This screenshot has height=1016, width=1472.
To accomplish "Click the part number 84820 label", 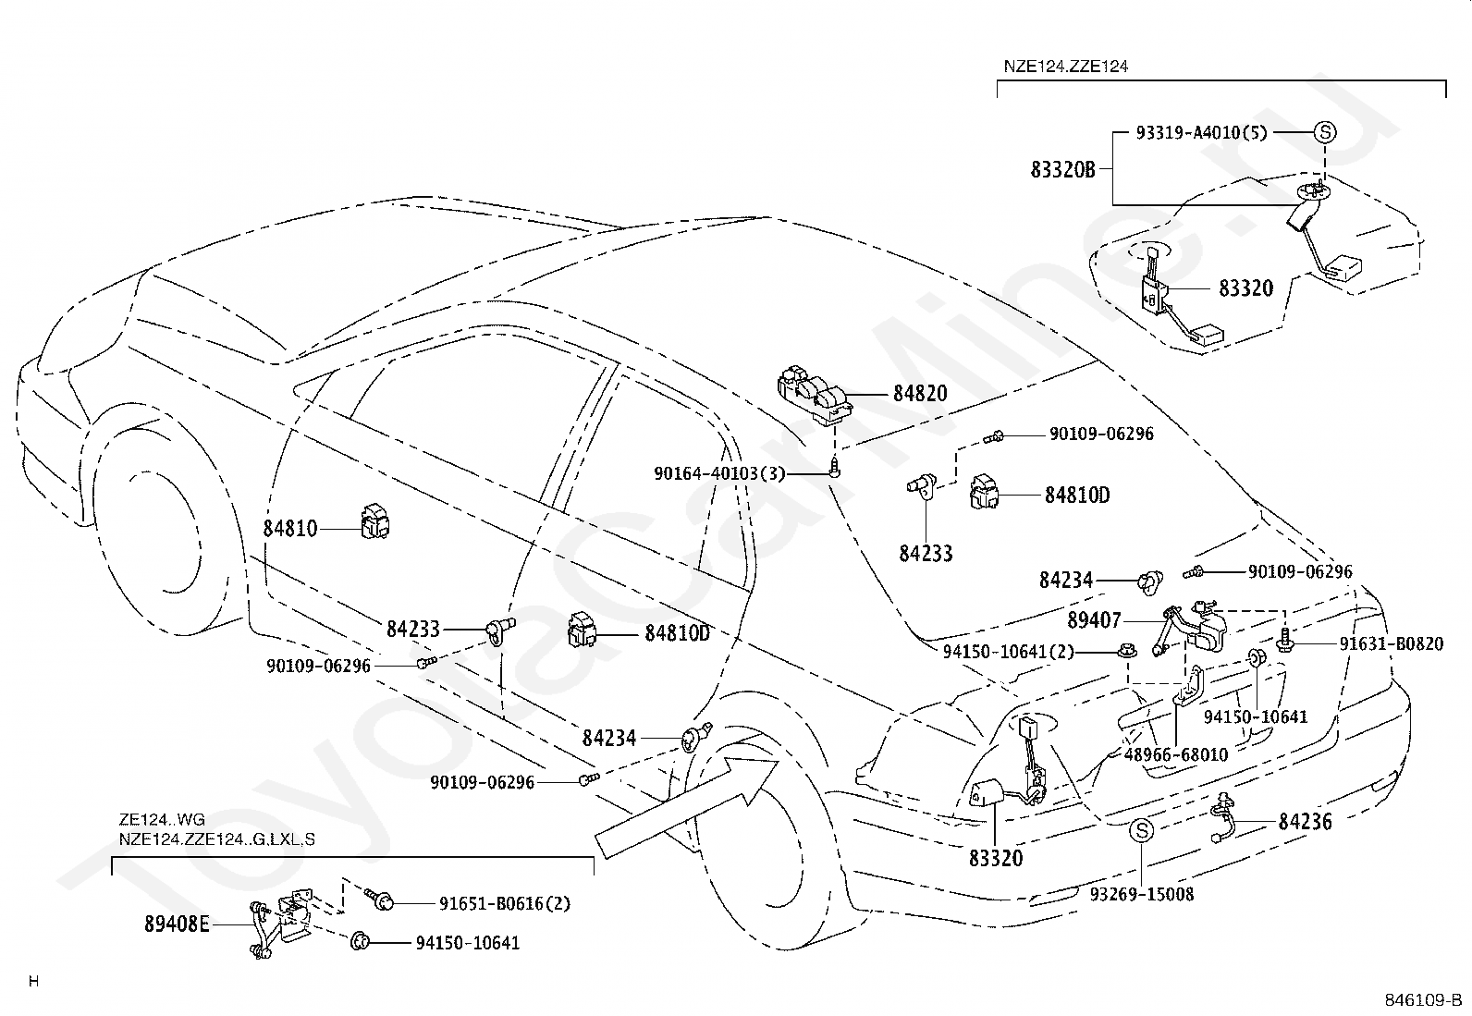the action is click(920, 394).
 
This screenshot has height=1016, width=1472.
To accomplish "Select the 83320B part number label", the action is click(1062, 169).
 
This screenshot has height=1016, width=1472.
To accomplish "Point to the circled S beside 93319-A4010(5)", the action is click(1325, 132).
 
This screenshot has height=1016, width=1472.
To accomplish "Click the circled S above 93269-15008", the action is click(1142, 831).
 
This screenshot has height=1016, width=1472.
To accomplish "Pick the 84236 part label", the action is click(1305, 822).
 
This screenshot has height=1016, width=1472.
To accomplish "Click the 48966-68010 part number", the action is click(1175, 753).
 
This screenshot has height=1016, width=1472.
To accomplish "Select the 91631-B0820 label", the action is click(1392, 643).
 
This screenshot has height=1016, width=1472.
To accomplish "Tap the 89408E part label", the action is click(177, 924).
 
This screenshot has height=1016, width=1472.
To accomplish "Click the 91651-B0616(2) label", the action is click(505, 903).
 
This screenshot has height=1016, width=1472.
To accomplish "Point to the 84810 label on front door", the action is click(289, 529).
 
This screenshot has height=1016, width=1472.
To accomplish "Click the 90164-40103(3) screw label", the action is click(719, 473).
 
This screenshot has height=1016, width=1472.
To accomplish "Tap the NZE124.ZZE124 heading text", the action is click(1066, 67).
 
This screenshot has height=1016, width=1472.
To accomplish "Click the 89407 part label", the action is click(1094, 619).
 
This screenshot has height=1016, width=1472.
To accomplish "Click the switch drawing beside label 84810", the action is click(374, 521).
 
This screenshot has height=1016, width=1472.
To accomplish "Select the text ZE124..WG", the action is click(162, 819).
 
